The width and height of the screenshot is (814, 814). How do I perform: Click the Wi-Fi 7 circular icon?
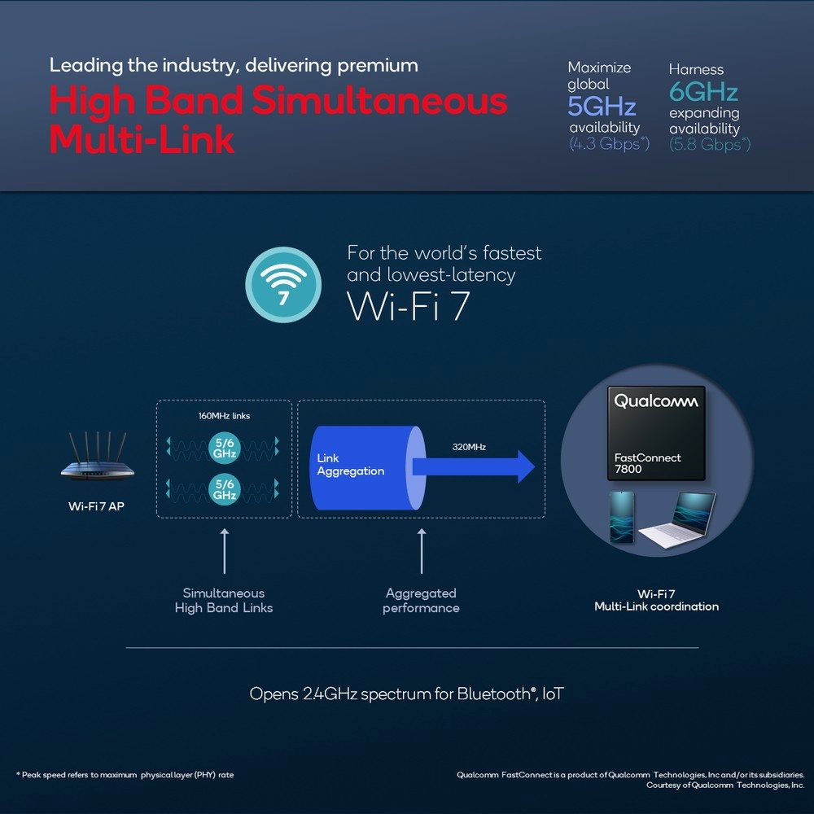(x=283, y=284)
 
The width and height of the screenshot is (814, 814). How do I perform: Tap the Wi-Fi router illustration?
(x=98, y=456)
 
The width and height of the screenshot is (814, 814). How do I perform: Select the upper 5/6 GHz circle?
(x=225, y=448)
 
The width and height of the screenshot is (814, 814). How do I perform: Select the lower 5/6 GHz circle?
(x=225, y=489)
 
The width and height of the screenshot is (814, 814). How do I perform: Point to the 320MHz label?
(x=469, y=447)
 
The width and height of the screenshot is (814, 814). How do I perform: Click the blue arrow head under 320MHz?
(x=526, y=466)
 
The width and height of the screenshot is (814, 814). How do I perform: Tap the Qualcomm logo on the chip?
(x=655, y=401)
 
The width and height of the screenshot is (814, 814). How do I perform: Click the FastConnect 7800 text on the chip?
(x=647, y=463)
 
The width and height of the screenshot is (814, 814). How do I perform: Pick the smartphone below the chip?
(x=621, y=517)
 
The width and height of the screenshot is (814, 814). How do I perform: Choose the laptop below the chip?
(x=677, y=519)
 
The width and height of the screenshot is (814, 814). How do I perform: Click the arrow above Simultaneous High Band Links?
(x=225, y=551)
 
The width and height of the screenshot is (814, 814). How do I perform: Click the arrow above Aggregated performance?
(x=422, y=551)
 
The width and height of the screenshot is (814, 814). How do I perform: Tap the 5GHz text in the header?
(x=602, y=107)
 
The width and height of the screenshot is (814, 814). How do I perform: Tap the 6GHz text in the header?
(x=703, y=92)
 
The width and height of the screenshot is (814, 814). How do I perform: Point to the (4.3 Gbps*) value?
(x=609, y=143)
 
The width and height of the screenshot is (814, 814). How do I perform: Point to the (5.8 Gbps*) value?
(x=710, y=144)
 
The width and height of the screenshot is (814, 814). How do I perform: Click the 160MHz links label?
(x=225, y=416)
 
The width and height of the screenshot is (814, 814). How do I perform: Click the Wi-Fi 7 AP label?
(x=97, y=506)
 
